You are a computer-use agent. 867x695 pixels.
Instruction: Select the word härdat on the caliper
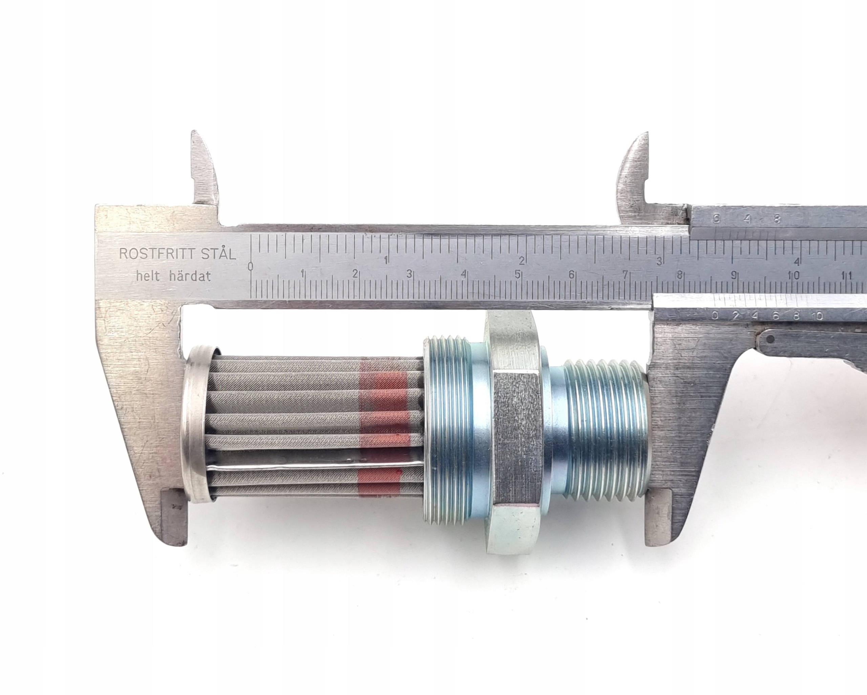click(x=191, y=277)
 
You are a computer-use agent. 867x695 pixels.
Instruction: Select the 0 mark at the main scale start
click(x=251, y=266)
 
